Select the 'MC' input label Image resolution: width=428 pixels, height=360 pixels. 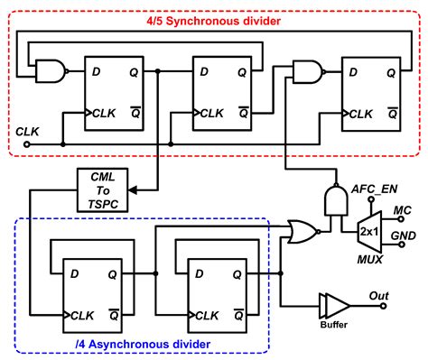coord(403,210)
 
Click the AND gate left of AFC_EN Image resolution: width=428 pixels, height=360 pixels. coord(334,200)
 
